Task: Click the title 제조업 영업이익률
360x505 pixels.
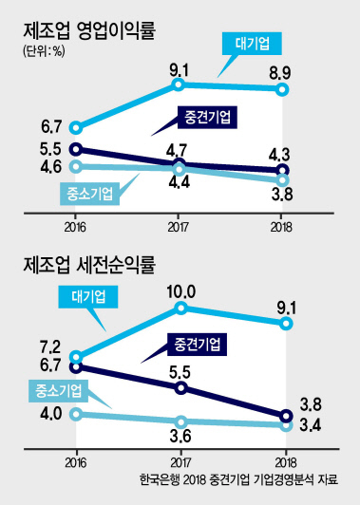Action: [x=89, y=32]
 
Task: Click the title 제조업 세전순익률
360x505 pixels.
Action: [x=89, y=266]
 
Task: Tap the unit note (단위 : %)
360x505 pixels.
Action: [x=44, y=51]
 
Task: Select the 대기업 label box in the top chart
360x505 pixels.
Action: [x=252, y=44]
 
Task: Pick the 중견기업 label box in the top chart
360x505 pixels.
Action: [x=207, y=118]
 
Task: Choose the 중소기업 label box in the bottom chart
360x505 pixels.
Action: [x=58, y=391]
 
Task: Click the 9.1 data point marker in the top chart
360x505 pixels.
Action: [x=179, y=84]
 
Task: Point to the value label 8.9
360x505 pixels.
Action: [x=280, y=73]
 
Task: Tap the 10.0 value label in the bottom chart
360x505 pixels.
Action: [x=181, y=292]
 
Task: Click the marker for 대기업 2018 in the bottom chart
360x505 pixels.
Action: [x=286, y=324]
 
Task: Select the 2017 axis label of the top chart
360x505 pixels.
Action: [x=179, y=227]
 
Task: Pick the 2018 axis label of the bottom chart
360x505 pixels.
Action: [x=286, y=463]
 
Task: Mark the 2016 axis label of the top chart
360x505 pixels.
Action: [x=75, y=227]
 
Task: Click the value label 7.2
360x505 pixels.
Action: [x=50, y=347]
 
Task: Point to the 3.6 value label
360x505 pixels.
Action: [x=180, y=437]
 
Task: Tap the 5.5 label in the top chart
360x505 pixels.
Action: [x=50, y=149]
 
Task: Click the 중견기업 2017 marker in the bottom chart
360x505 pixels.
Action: [x=181, y=388]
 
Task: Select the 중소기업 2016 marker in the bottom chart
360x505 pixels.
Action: [x=76, y=414]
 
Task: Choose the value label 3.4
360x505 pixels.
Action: [x=311, y=426]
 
